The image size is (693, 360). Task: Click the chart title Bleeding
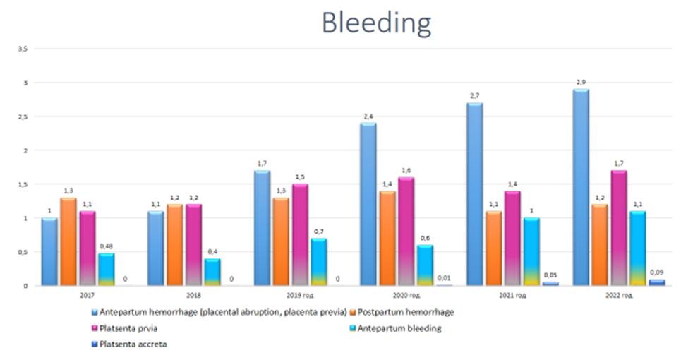pyautogui.click(x=376, y=23)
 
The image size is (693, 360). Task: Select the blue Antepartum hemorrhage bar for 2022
pyautogui.click(x=581, y=187)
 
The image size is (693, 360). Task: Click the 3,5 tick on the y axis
pyautogui.click(x=23, y=49)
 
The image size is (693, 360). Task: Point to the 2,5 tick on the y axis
pyautogui.click(x=23, y=116)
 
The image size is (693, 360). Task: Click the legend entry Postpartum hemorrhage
pyautogui.click(x=406, y=311)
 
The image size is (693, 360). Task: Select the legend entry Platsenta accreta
pyautogui.click(x=135, y=344)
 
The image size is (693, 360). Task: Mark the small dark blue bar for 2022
pyautogui.click(x=657, y=282)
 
